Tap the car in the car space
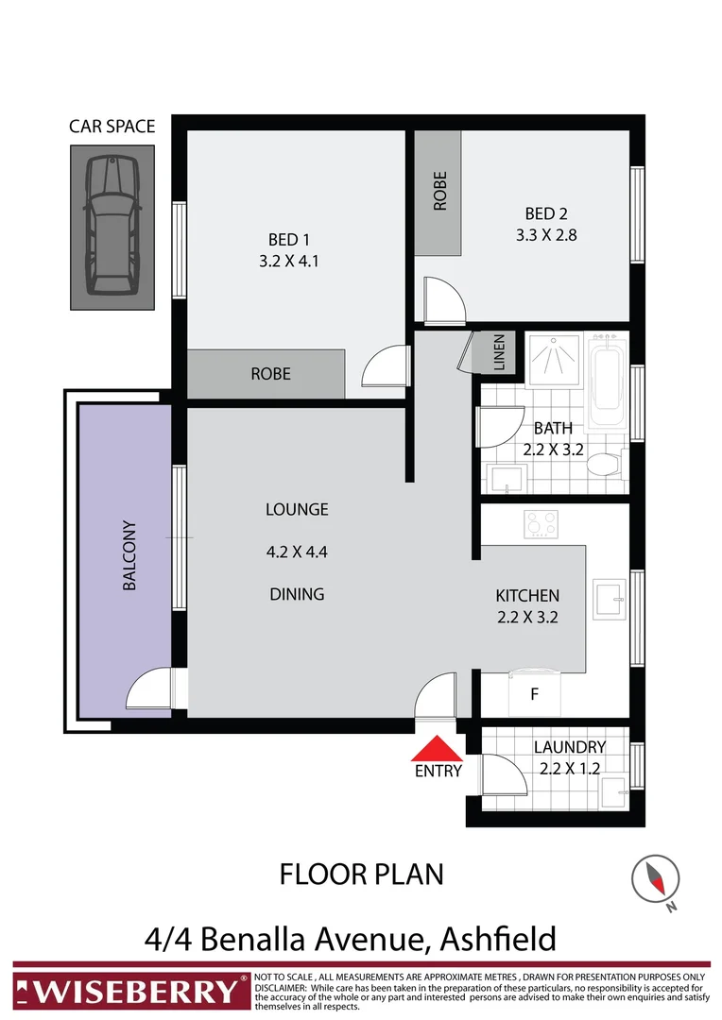112,226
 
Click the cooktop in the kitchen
542,524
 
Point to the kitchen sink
608,597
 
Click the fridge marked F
534,694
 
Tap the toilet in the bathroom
601,465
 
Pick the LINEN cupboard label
499,352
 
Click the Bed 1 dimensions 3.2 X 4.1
289,261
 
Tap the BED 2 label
545,213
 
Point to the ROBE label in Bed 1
270,374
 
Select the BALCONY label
129,556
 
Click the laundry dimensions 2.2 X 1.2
569,769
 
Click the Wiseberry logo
129,991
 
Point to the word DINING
297,594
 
